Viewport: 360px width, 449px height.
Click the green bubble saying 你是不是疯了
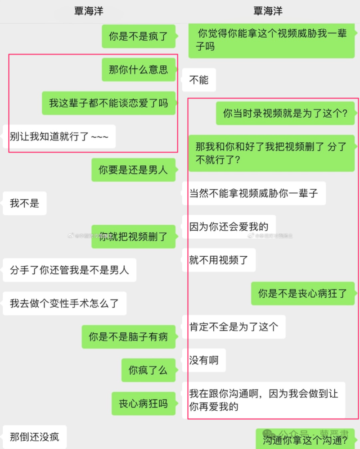pyautogui.click(x=139, y=36)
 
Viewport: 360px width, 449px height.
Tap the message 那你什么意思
pyautogui.click(x=139, y=70)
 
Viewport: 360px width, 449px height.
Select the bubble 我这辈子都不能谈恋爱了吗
pyautogui.click(x=109, y=103)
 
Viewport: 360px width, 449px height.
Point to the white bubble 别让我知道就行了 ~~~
pyautogui.click(x=59, y=136)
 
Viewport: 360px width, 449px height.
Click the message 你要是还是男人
pyautogui.click(x=133, y=170)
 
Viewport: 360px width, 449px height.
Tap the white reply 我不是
pyautogui.click(x=25, y=203)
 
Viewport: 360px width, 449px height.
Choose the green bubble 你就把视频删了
pyautogui.click(x=133, y=236)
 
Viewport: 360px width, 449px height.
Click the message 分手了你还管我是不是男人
pyautogui.click(x=70, y=270)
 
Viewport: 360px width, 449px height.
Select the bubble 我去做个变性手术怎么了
pyautogui.click(x=65, y=303)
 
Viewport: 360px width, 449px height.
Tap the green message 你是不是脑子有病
pyautogui.click(x=129, y=337)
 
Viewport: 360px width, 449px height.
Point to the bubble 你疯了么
pyautogui.click(x=148, y=370)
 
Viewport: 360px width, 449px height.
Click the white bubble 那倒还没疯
pyautogui.click(x=35, y=437)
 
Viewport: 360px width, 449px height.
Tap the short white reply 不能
pyautogui.click(x=199, y=80)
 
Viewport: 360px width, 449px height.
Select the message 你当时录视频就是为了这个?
pyautogui.click(x=285, y=113)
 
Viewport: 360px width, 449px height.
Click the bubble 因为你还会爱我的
pyautogui.click(x=229, y=227)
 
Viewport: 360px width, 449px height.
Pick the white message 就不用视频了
pyautogui.click(x=219, y=260)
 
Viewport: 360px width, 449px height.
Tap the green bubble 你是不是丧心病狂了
pyautogui.click(x=303, y=294)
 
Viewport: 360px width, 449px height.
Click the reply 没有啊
pyautogui.click(x=204, y=360)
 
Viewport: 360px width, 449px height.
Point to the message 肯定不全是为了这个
pyautogui.click(x=234, y=327)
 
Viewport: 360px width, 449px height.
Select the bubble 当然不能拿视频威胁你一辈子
pyautogui.click(x=254, y=193)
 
